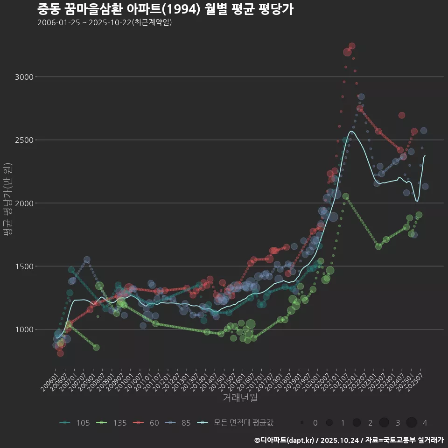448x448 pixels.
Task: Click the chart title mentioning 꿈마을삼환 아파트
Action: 165,9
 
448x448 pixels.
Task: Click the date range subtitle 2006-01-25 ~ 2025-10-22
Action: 105,22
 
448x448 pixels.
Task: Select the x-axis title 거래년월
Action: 240,398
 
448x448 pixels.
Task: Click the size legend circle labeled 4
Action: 411,423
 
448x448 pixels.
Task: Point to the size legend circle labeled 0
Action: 302,423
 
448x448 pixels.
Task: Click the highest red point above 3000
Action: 352,46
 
